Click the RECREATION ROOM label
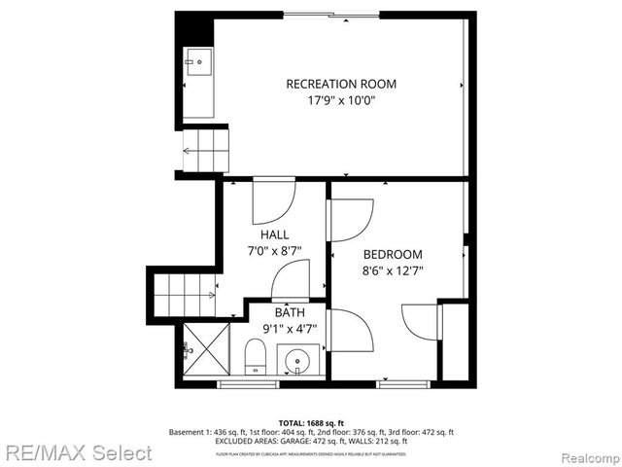pos(340,84)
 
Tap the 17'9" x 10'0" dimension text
pos(340,100)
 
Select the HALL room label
pos(274,234)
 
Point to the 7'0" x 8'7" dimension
pos(274,250)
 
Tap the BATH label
pos(289,312)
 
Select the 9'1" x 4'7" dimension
pos(289,328)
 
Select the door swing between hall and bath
pos(291,282)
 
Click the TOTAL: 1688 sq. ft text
pos(311,422)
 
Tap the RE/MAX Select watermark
pos(78,452)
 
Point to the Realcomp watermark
pos(586,453)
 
